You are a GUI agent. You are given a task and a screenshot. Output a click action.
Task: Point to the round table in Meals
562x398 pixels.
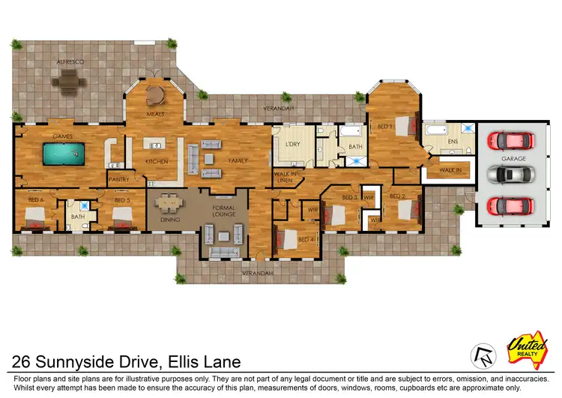(155, 95)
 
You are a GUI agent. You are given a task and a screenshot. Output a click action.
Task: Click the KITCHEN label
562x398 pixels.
(156, 162)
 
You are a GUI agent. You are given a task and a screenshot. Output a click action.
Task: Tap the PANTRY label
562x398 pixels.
(119, 180)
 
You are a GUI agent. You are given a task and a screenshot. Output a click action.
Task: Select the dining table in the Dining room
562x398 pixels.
(170, 202)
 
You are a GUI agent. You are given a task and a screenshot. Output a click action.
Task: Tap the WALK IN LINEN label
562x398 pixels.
(283, 178)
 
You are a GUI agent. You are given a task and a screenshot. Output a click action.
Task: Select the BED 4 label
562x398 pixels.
(306, 239)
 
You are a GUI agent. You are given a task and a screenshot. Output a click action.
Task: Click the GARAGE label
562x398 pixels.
(513, 159)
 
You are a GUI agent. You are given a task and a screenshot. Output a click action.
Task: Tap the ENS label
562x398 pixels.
(452, 140)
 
